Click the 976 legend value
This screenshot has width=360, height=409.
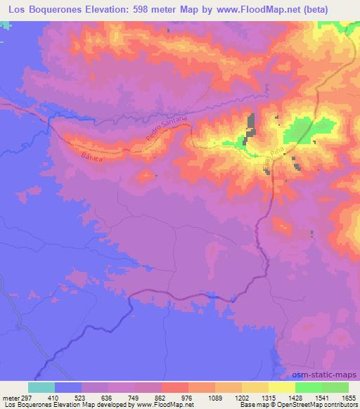click(188, 397)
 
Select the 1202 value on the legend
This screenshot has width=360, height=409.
click(241, 397)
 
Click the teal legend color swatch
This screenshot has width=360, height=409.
click(41, 387)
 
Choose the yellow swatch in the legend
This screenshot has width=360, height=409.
click(282, 387)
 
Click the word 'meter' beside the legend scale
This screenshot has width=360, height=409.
click(10, 397)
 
